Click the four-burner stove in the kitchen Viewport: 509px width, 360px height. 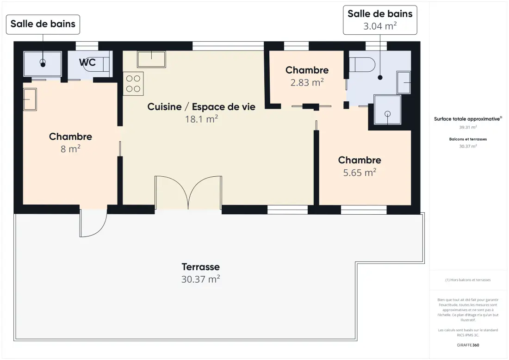pos(133,83)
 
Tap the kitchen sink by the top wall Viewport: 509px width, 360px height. pos(151,59)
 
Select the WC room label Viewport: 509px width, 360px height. pos(87,62)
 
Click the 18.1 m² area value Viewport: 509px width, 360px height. pos(201,119)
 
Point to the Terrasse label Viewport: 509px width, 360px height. pos(201,267)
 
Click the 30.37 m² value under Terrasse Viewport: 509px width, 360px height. pos(201,279)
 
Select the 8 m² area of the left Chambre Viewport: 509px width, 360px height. pos(70,149)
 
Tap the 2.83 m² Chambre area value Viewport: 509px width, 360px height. pos(307,82)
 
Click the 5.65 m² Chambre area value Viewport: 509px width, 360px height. pos(360,173)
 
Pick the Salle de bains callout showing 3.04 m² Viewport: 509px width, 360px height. pos(380,20)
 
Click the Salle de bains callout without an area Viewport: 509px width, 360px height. pos(43,25)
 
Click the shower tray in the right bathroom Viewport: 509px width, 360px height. pos(387,109)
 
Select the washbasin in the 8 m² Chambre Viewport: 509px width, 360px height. pos(30,99)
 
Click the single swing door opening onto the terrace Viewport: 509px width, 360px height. pos(93,223)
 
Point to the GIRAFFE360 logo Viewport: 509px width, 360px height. pos(468,345)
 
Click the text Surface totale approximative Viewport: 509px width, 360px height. pos(467,119)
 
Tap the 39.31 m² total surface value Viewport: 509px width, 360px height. pos(468,127)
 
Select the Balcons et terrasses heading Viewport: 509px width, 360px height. pos(468,139)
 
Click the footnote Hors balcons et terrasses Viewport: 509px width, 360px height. pos(468,280)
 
